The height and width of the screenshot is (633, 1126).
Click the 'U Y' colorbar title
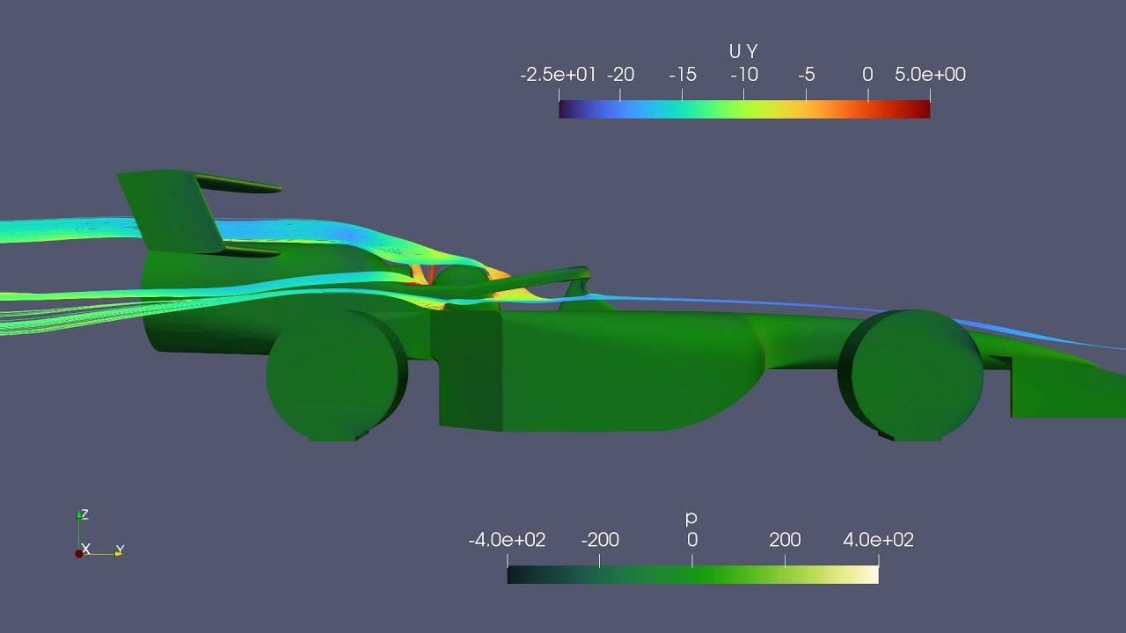tap(743, 53)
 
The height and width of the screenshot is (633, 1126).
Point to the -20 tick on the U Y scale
tap(620, 75)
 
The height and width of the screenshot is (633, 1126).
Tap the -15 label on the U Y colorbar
tap(682, 75)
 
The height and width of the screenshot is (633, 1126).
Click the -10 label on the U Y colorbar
tap(744, 75)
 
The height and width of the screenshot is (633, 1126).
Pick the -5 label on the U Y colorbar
tap(806, 75)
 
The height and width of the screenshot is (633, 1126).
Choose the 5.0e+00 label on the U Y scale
tap(930, 75)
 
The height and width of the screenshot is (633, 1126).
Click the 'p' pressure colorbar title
tap(691, 519)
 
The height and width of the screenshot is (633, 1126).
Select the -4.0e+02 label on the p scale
tap(507, 540)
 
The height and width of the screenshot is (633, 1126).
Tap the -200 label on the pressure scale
tap(600, 540)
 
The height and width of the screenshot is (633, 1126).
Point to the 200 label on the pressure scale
tap(785, 540)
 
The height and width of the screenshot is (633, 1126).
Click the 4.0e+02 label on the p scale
tap(878, 540)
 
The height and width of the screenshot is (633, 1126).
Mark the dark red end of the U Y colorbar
tap(924, 109)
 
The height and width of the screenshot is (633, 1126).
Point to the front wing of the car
tap(1064, 387)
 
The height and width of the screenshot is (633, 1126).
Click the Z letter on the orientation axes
tap(84, 514)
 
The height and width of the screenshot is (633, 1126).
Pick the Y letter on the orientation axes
tap(120, 550)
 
